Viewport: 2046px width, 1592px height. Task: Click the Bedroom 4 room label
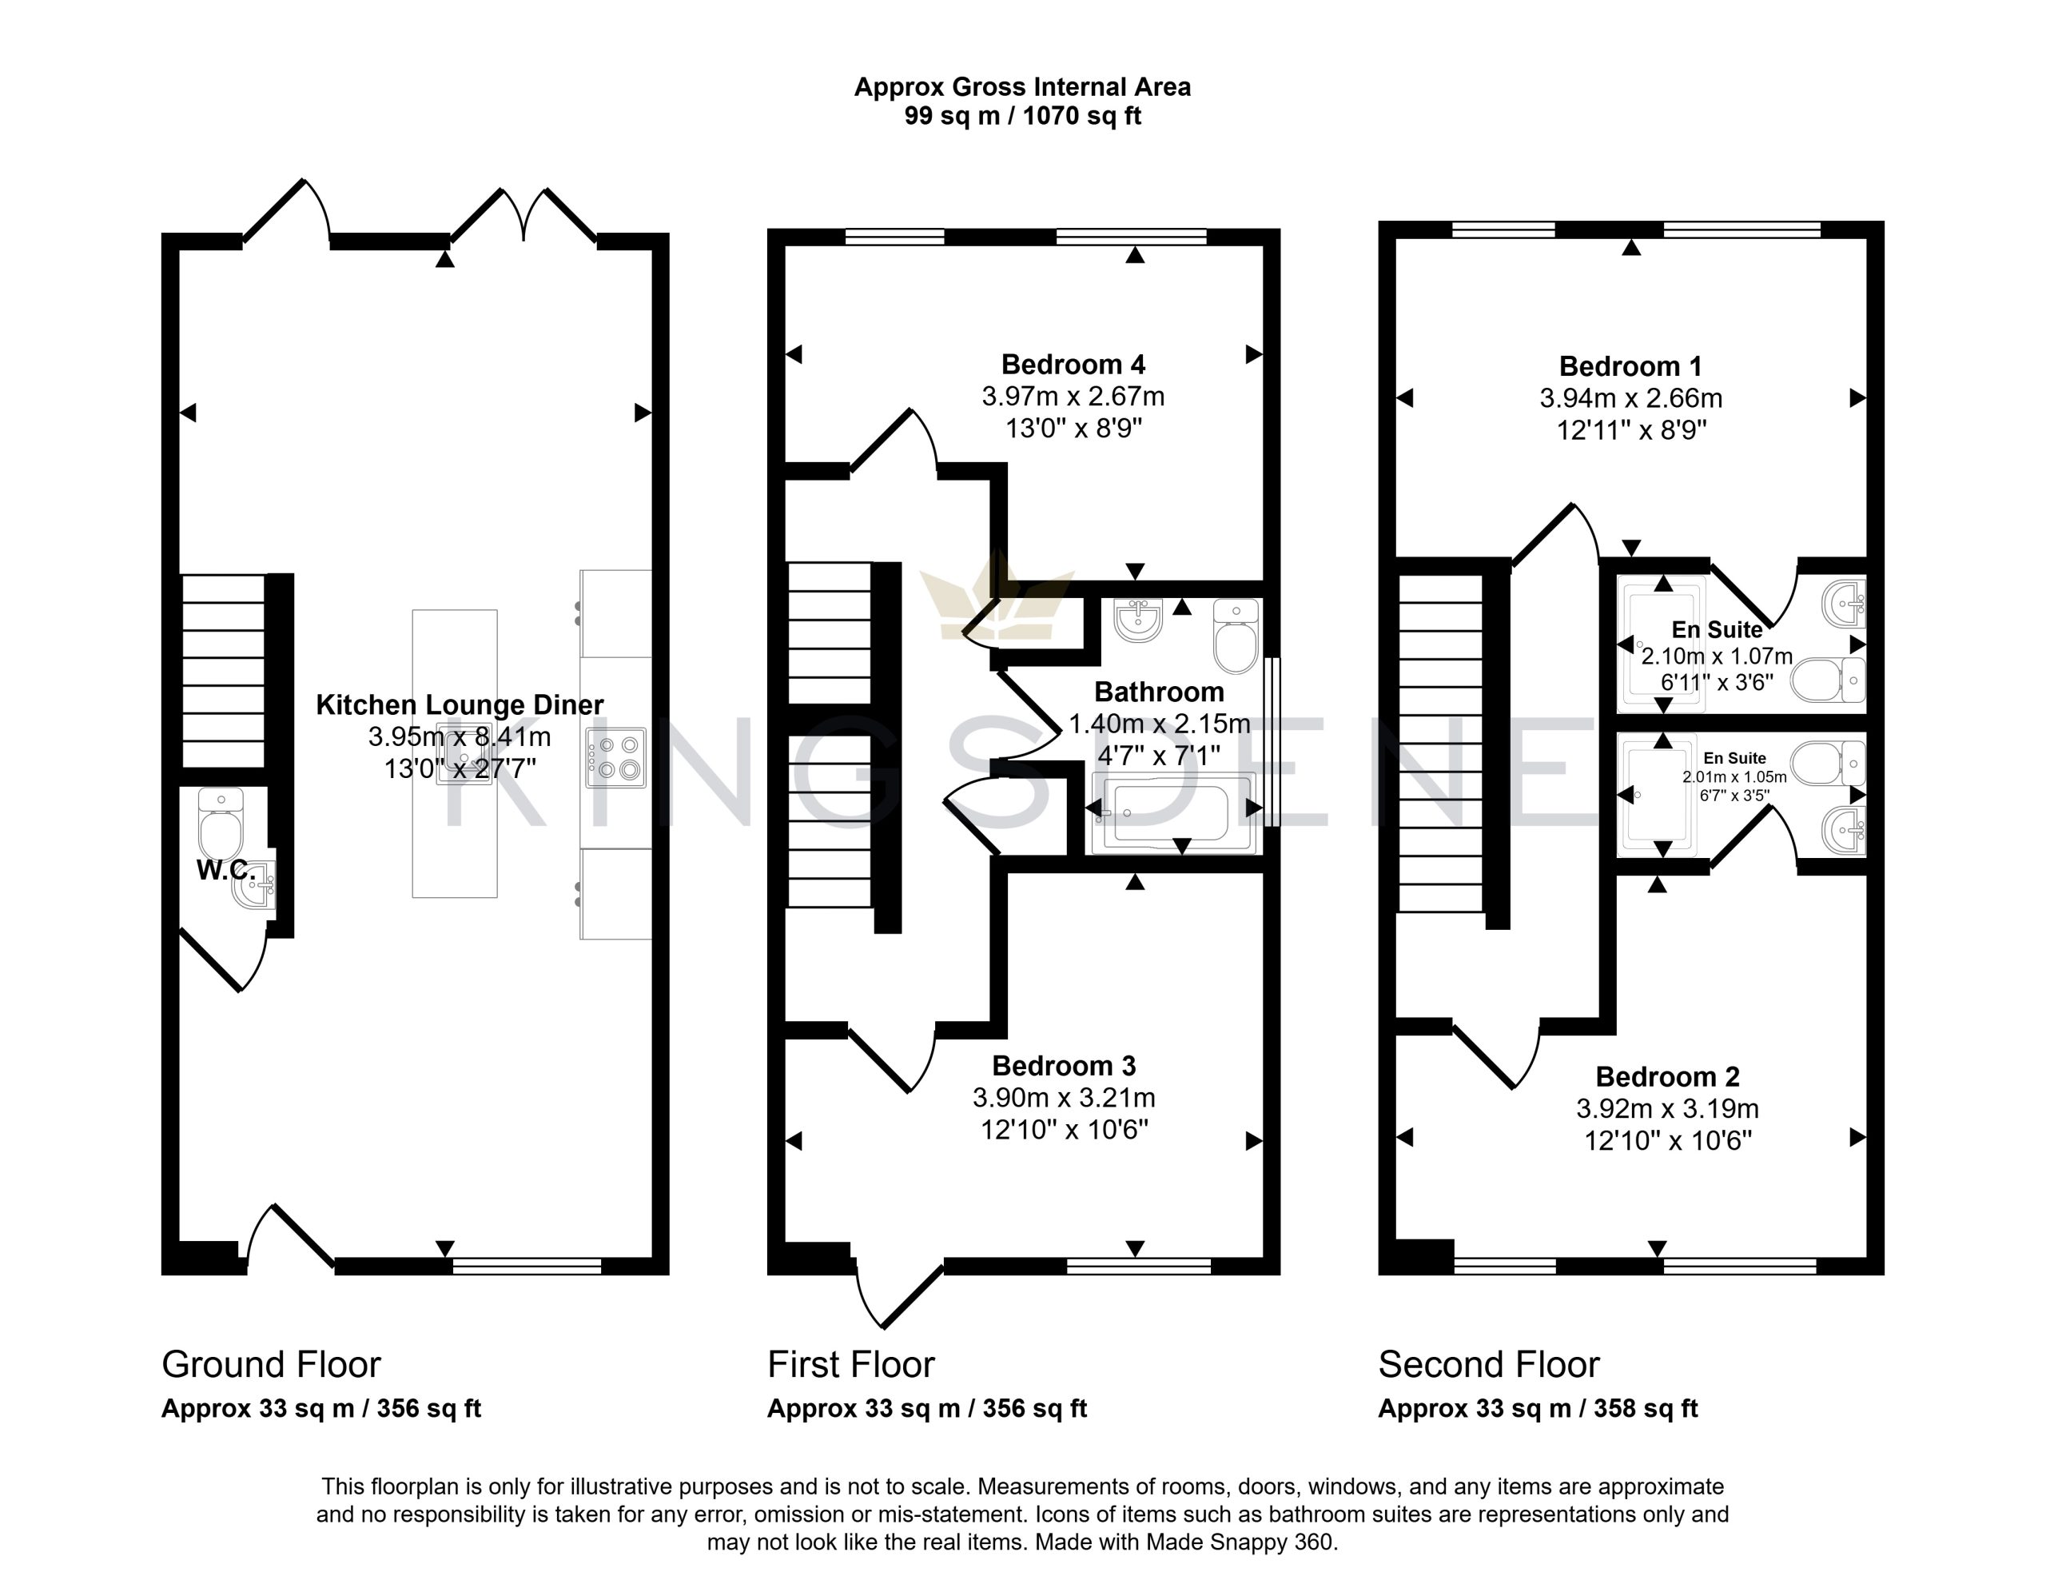click(1073, 365)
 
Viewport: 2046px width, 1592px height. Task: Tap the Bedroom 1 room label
click(1630, 366)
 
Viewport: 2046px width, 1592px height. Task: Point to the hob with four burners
click(615, 758)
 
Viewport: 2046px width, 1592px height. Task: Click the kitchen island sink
click(463, 752)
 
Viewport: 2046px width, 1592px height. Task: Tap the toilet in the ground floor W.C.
click(221, 824)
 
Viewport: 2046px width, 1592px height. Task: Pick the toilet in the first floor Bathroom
click(1236, 636)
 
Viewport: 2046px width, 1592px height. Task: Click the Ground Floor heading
click(272, 1364)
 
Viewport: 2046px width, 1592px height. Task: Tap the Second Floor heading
click(1489, 1364)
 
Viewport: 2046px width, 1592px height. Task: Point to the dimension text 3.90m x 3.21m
click(1065, 1097)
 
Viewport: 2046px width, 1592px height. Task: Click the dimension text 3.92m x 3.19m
click(1667, 1108)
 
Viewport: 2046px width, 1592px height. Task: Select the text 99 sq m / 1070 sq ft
click(1023, 116)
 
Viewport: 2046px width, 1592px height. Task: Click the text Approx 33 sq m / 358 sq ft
click(1538, 1408)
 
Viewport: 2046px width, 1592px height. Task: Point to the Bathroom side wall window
click(1272, 741)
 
